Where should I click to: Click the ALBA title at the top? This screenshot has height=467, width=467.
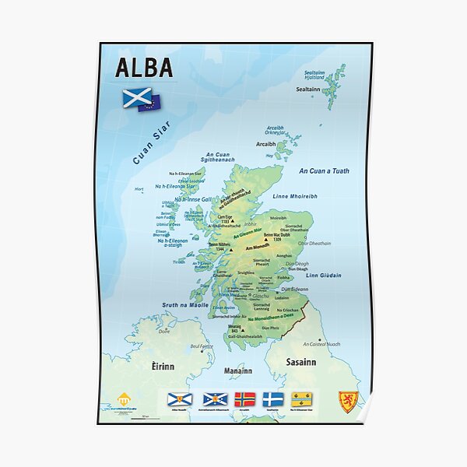144,68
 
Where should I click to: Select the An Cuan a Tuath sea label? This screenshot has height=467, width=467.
324,170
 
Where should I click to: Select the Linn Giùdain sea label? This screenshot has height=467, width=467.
323,275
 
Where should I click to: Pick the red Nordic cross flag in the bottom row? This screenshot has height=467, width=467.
245,399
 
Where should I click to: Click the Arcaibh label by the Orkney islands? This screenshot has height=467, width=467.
266,144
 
